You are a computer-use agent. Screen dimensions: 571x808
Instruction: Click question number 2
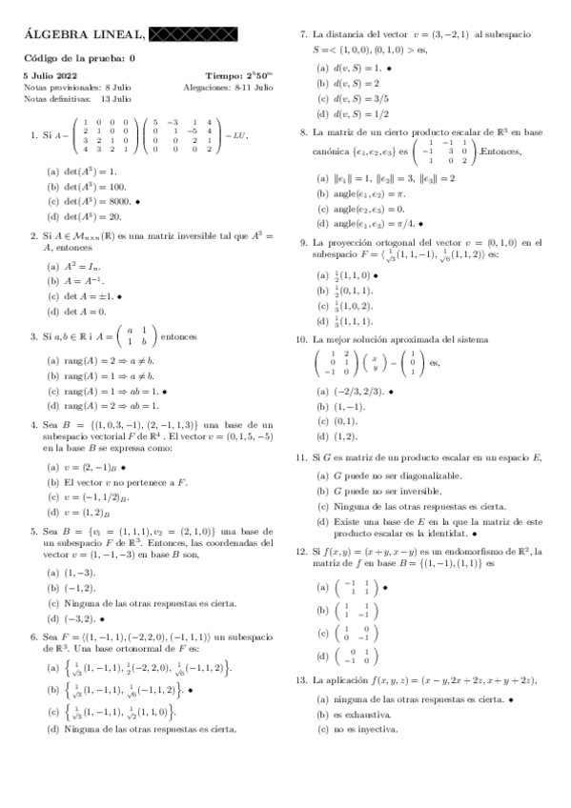(x=33, y=233)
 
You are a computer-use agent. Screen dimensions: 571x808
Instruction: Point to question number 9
(x=301, y=243)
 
